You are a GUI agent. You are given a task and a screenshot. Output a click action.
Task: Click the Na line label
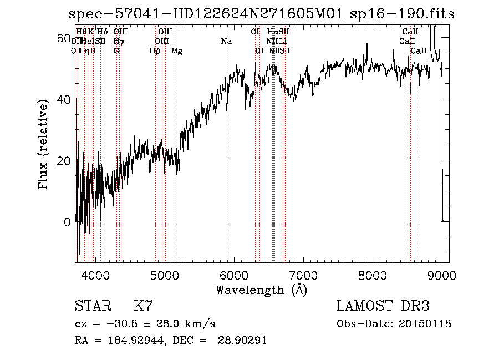[226, 42]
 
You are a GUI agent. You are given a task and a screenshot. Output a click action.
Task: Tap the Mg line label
[177, 51]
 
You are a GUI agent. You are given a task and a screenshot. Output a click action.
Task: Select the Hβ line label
[155, 51]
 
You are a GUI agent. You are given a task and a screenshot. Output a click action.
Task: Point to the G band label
[116, 51]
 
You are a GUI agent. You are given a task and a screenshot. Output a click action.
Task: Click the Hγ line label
[118, 42]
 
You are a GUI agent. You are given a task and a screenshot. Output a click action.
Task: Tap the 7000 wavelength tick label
[303, 275]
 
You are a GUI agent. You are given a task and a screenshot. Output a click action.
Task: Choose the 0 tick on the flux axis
[68, 222]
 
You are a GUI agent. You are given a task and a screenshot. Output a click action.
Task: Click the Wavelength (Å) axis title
[261, 290]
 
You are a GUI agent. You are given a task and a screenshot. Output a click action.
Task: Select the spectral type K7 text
[143, 306]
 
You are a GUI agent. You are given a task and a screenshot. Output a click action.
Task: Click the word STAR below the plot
[92, 306]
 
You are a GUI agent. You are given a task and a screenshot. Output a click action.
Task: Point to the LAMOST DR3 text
[383, 306]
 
